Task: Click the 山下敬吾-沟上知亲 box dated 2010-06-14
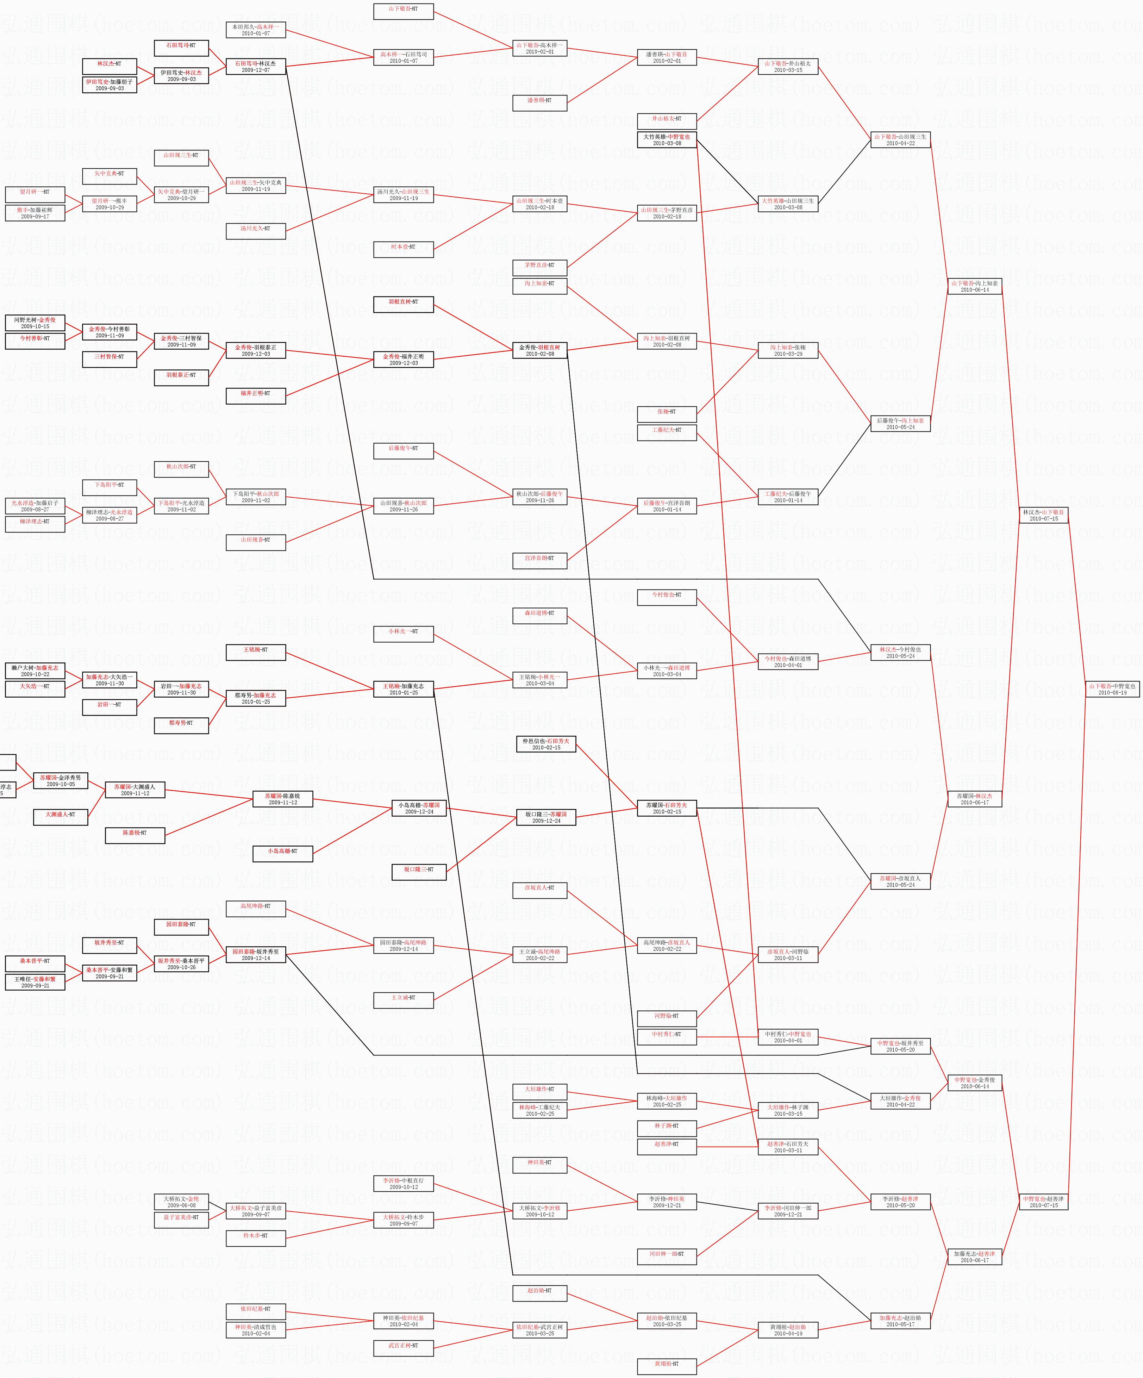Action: pos(974,286)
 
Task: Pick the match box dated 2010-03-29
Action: pos(788,350)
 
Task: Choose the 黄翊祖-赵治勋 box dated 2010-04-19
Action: pos(788,1330)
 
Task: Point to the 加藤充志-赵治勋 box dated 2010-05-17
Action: pos(900,1321)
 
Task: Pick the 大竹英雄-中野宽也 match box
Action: pos(667,140)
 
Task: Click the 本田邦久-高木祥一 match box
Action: pos(256,30)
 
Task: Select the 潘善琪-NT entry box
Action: pos(539,101)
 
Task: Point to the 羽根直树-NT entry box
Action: pos(403,302)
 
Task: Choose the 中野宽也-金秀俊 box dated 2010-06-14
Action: pos(974,1083)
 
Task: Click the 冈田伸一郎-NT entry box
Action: pos(667,1257)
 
